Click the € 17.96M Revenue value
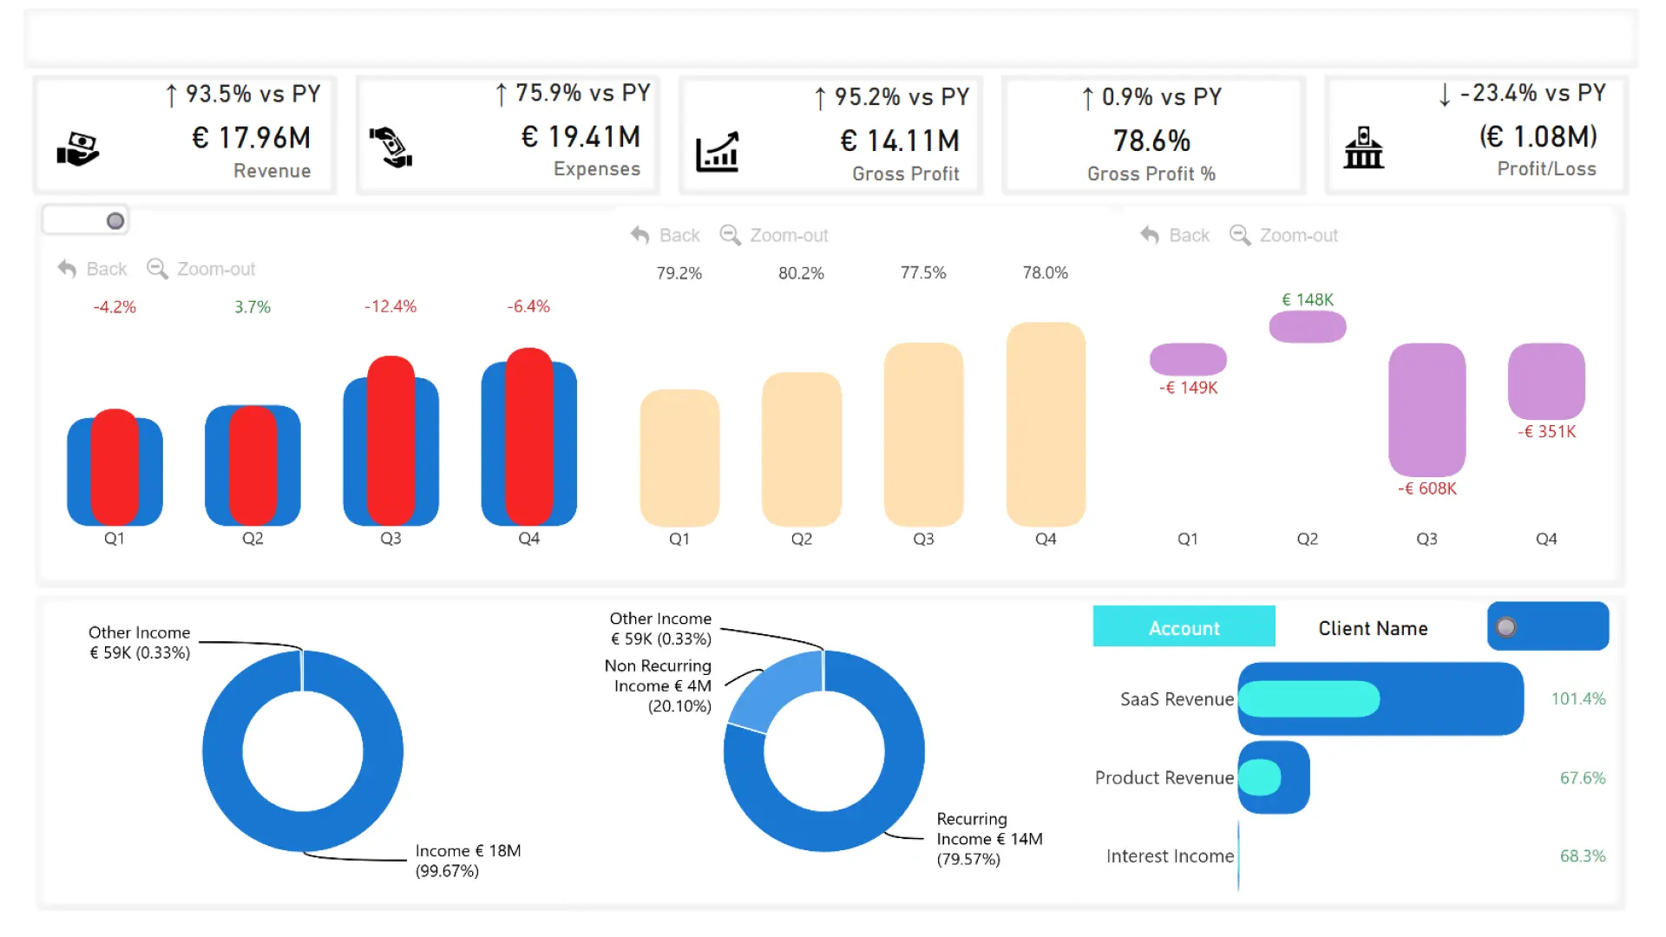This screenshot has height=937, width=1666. pyautogui.click(x=251, y=138)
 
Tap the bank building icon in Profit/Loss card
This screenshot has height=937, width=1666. pyautogui.click(x=1363, y=148)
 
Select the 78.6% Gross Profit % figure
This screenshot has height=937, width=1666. pyautogui.click(x=1151, y=141)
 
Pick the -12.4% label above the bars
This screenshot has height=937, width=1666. pyautogui.click(x=390, y=306)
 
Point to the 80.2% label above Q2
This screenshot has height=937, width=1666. pyautogui.click(x=801, y=273)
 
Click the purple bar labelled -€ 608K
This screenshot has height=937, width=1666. pyautogui.click(x=1427, y=409)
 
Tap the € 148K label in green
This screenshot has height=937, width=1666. pyautogui.click(x=1308, y=299)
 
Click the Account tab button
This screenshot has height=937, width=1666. pyautogui.click(x=1184, y=627)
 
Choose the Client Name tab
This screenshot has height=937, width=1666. pyautogui.click(x=1373, y=628)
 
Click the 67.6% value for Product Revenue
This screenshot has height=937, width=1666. pyautogui.click(x=1582, y=778)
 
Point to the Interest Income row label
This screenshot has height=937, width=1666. pyautogui.click(x=1169, y=856)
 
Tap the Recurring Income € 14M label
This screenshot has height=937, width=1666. pyautogui.click(x=989, y=839)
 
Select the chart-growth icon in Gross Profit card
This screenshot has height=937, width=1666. pyautogui.click(x=718, y=152)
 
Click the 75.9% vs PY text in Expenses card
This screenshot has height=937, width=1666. pyautogui.click(x=574, y=93)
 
